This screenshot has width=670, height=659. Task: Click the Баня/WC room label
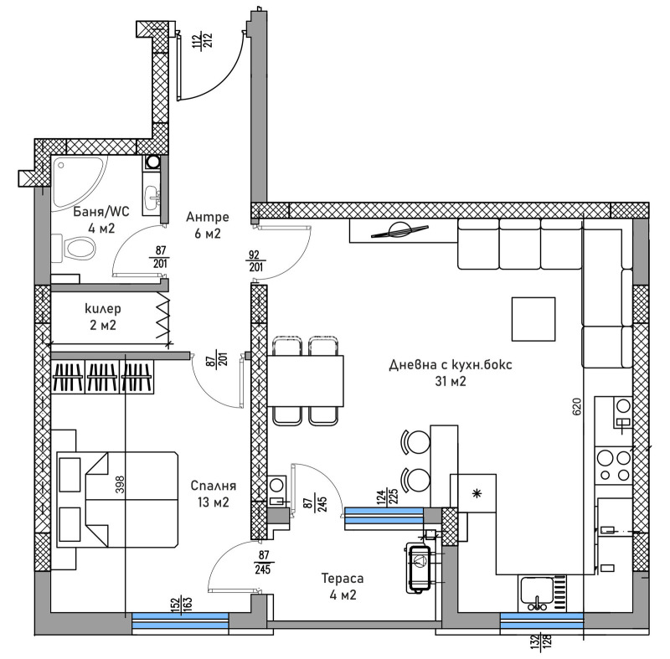click(82, 219)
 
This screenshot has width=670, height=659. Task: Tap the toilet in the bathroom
click(77, 248)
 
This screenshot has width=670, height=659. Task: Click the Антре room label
click(203, 226)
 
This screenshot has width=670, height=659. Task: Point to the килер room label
click(100, 317)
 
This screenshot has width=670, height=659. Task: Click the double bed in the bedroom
click(117, 497)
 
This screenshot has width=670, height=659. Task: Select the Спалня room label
click(214, 494)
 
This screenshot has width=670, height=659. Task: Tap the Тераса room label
click(342, 587)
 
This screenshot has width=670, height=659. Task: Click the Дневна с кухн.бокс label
click(450, 373)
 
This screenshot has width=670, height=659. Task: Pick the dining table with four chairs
click(305, 380)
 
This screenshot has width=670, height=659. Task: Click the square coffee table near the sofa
click(533, 319)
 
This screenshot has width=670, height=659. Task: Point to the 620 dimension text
click(575, 408)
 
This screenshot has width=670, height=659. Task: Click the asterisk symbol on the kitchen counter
click(477, 493)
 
